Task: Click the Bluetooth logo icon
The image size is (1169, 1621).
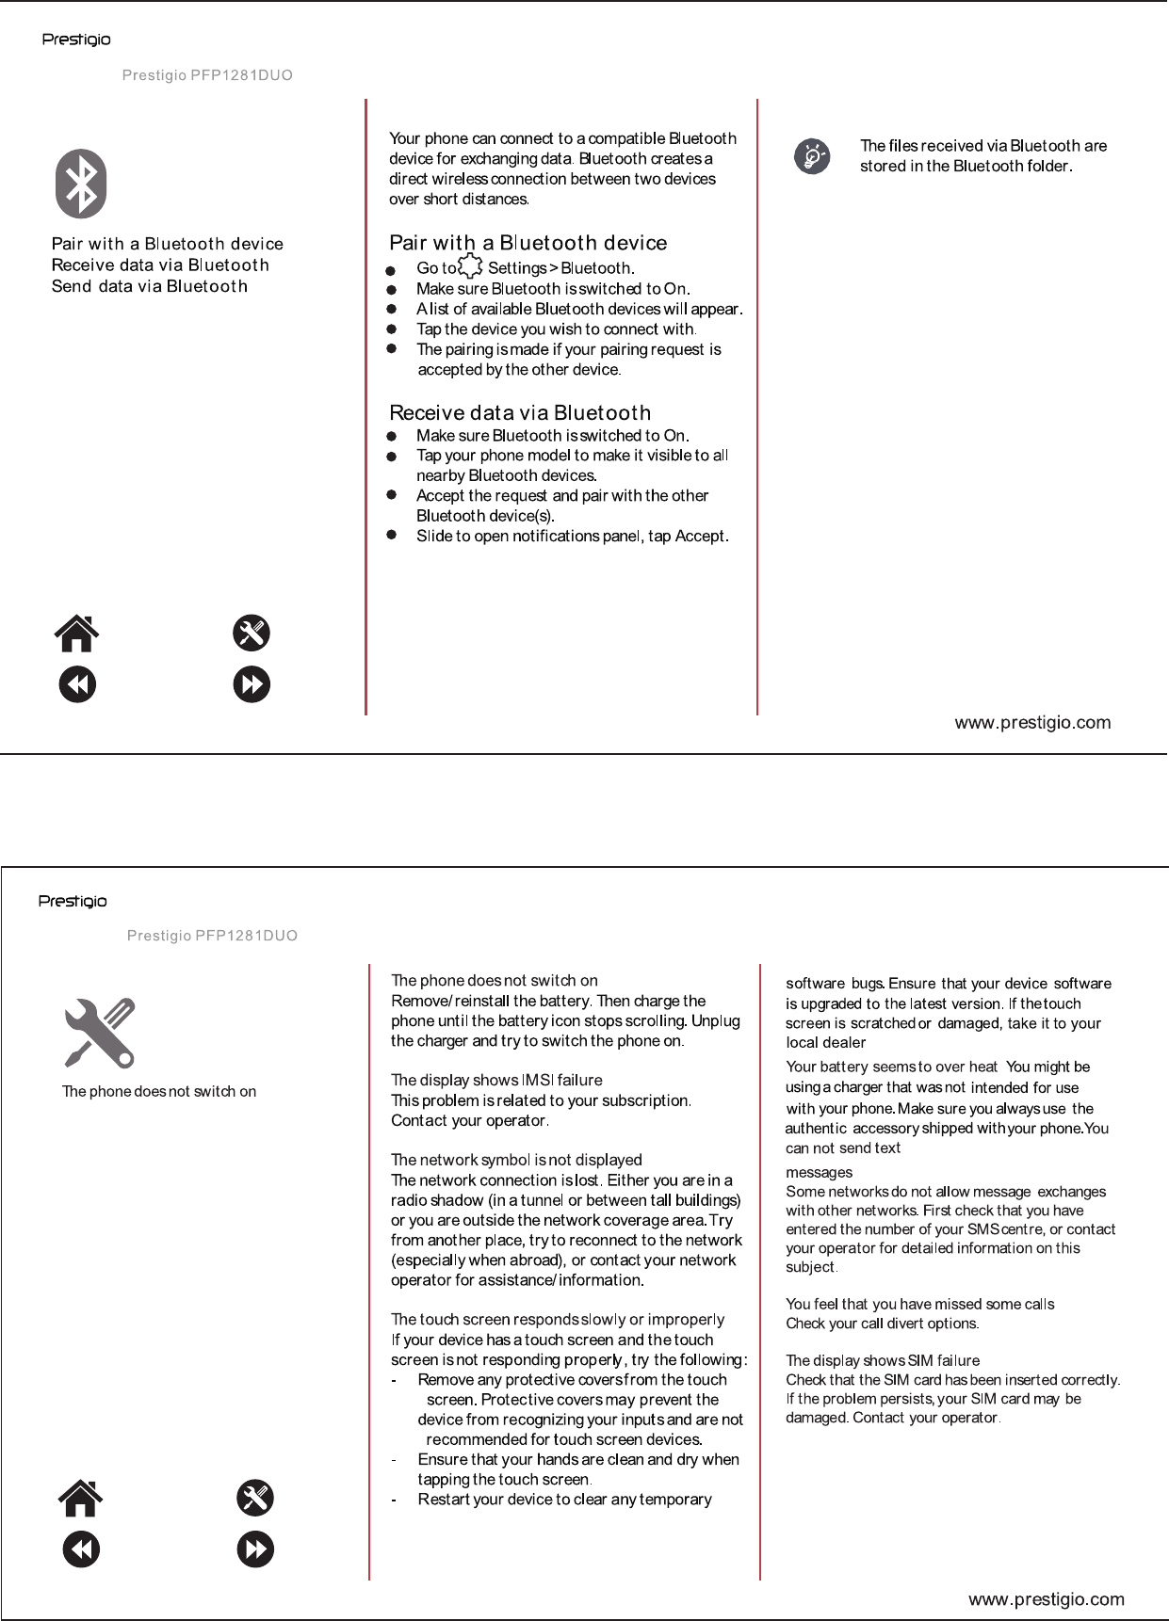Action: (x=81, y=184)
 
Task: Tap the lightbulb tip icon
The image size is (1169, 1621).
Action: (x=812, y=155)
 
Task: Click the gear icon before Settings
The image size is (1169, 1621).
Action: (x=470, y=266)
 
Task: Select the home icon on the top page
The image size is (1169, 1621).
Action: (x=76, y=634)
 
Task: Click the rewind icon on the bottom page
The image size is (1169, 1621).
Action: (x=81, y=1549)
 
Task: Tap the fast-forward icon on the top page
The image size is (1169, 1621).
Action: (x=252, y=684)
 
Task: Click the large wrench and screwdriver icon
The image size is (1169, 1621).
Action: (x=100, y=1033)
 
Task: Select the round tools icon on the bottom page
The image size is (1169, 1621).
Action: (x=255, y=1498)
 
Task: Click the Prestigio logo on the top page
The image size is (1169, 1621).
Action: (x=76, y=40)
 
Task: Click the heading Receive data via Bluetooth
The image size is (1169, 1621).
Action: (x=520, y=412)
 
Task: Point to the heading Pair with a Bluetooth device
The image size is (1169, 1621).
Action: (x=528, y=243)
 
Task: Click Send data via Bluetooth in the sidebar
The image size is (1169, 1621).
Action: (x=150, y=286)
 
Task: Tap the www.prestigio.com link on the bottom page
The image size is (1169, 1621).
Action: (x=1046, y=1599)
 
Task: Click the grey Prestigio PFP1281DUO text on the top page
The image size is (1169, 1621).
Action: (x=207, y=75)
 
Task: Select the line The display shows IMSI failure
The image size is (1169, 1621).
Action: (x=496, y=1080)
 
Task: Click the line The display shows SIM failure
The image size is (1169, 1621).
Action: (x=883, y=1360)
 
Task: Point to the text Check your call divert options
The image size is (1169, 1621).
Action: (x=882, y=1324)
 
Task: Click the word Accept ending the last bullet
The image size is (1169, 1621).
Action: (x=701, y=537)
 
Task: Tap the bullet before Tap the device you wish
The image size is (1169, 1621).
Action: (x=392, y=329)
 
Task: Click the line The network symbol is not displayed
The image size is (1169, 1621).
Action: (x=516, y=1160)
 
